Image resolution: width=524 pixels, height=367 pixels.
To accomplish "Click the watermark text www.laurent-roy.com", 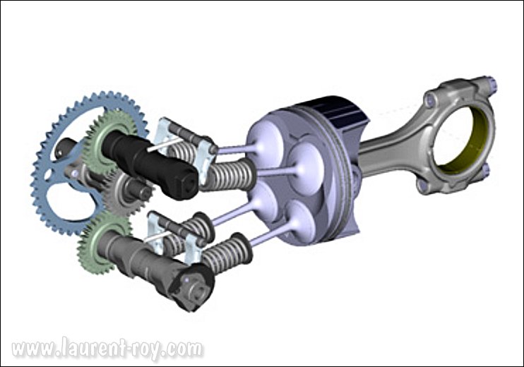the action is pyautogui.click(x=107, y=349).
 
